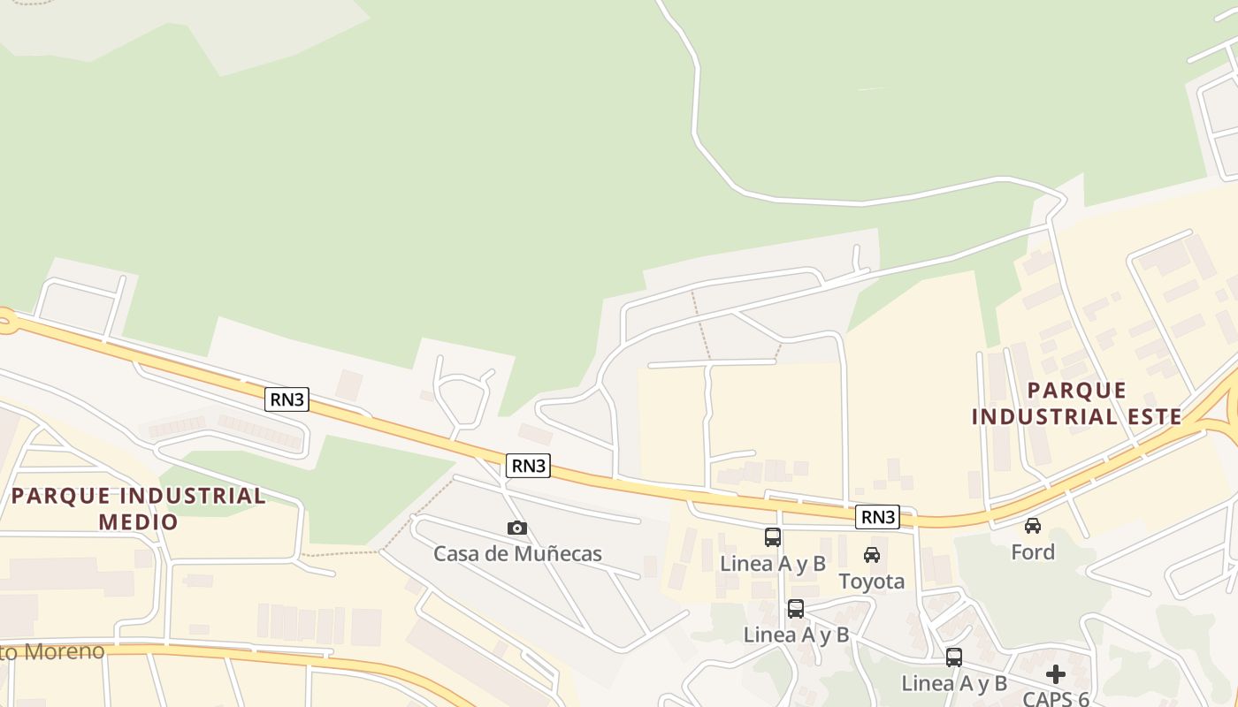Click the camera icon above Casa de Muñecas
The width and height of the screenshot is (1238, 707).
pyautogui.click(x=517, y=528)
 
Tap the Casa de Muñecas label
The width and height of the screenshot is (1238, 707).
pyautogui.click(x=517, y=554)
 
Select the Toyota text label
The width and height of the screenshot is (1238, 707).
pyautogui.click(x=872, y=581)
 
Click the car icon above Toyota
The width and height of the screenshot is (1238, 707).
pyautogui.click(x=872, y=555)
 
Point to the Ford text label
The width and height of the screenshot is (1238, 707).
pyautogui.click(x=1033, y=552)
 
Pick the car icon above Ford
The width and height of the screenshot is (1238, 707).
pyautogui.click(x=1032, y=526)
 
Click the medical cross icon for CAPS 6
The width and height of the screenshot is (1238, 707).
pyautogui.click(x=1056, y=674)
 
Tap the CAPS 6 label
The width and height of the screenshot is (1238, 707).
pyautogui.click(x=1056, y=699)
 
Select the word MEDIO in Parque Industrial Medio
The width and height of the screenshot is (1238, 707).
pyautogui.click(x=139, y=521)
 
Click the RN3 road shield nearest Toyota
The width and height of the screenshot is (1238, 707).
pyautogui.click(x=877, y=517)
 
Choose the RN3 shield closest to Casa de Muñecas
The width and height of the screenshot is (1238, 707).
pyautogui.click(x=529, y=466)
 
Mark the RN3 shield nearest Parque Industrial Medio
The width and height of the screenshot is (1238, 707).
pyautogui.click(x=287, y=399)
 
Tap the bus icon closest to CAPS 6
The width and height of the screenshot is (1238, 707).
pyautogui.click(x=953, y=658)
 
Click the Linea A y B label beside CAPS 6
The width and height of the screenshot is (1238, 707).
pyautogui.click(x=954, y=683)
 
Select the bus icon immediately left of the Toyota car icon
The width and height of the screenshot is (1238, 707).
pyautogui.click(x=772, y=537)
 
